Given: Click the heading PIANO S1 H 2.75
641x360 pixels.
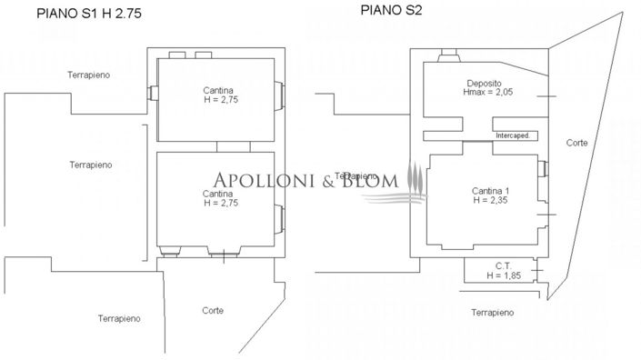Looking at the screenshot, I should [x=89, y=14].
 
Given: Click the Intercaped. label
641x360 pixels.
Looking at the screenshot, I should [x=512, y=135].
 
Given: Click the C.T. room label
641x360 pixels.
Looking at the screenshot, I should [x=501, y=265].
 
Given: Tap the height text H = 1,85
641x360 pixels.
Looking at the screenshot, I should [x=504, y=275].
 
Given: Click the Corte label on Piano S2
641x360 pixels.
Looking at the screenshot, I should [x=576, y=143].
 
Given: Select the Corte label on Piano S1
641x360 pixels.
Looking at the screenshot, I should [x=212, y=310].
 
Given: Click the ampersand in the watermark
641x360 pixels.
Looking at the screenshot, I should [x=324, y=179].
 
